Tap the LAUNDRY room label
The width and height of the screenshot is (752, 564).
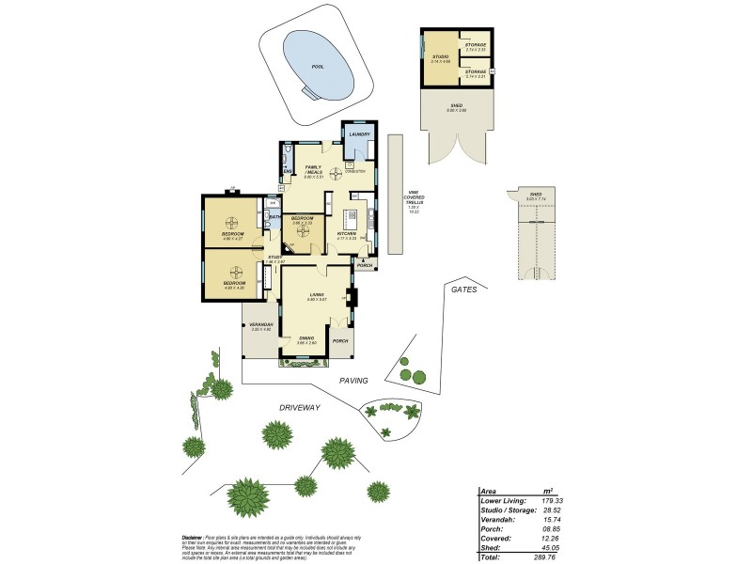[358, 135]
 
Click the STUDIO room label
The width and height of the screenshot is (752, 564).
[440, 57]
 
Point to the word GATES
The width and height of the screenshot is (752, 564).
[463, 290]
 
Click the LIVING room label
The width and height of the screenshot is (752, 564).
[318, 295]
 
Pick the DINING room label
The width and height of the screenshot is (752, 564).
[306, 337]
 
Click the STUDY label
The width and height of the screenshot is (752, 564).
[274, 257]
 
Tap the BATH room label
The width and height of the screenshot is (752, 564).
[274, 217]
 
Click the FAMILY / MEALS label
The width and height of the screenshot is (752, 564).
[313, 169]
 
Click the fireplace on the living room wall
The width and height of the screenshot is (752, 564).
[352, 300]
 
